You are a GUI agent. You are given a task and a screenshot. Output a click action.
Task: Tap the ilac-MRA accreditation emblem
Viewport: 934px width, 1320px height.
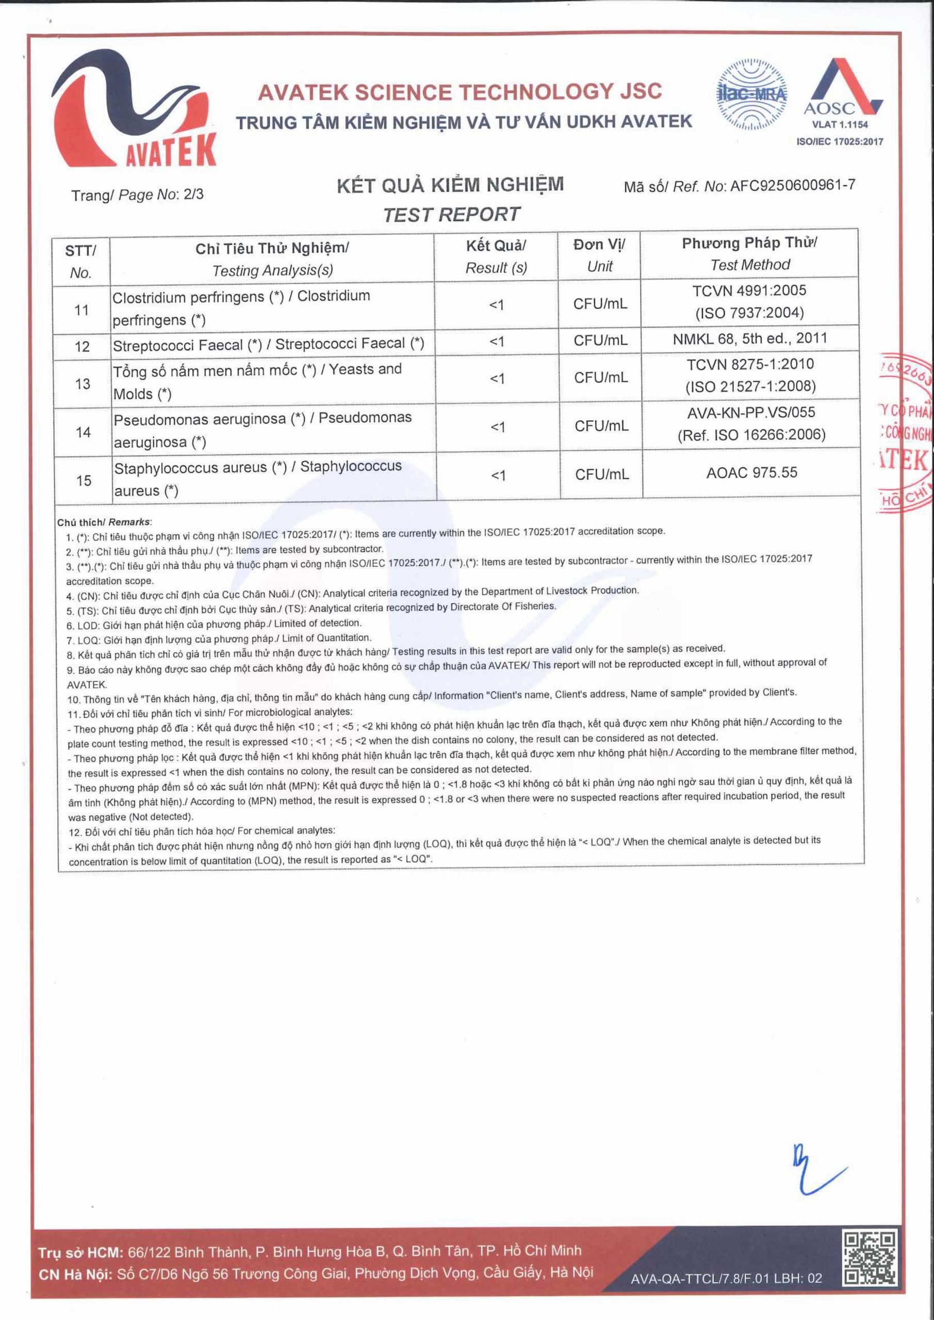(751, 94)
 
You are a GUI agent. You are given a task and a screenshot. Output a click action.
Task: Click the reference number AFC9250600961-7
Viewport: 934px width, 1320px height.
(793, 185)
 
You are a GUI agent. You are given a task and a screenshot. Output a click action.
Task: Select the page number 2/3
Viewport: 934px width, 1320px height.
(193, 194)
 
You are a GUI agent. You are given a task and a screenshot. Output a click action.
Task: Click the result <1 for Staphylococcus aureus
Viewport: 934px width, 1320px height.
(498, 475)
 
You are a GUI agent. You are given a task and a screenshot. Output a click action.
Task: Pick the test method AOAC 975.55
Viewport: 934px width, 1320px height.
(751, 473)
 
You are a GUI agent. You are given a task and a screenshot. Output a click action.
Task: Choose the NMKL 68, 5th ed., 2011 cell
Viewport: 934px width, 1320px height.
(750, 339)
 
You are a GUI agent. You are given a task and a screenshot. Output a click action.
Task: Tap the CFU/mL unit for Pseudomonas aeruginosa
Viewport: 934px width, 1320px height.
(601, 426)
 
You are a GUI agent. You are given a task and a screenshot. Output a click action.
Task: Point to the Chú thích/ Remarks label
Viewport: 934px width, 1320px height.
(104, 522)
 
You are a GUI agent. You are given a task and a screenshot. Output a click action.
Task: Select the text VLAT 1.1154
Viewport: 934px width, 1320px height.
(840, 124)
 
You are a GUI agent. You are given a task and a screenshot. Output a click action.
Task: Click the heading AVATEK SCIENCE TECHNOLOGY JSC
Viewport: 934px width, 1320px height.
(460, 92)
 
